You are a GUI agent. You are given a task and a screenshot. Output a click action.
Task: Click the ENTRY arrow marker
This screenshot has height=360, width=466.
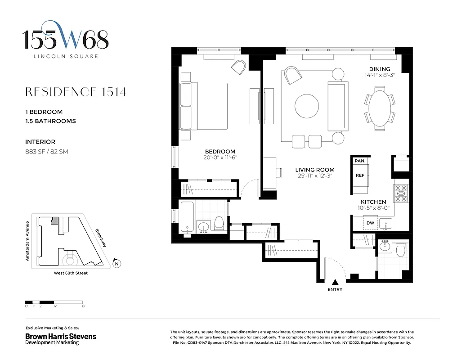[x=335, y=282]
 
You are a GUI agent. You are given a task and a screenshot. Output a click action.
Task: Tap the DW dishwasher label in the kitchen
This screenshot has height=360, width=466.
[x=370, y=223]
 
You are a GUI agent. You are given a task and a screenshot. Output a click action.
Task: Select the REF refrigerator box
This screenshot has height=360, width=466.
[x=360, y=175]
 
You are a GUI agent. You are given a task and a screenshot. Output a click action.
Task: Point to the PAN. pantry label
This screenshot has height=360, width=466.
[x=359, y=161]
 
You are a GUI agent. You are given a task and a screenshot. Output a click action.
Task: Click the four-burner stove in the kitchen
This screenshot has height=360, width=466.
[x=400, y=194]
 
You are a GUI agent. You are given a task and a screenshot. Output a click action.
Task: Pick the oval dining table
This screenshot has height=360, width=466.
[x=379, y=110]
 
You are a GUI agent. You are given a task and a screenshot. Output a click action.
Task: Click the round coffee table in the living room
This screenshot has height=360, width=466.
[x=307, y=106]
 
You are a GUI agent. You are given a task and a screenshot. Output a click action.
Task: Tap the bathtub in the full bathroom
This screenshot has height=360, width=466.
[x=187, y=217]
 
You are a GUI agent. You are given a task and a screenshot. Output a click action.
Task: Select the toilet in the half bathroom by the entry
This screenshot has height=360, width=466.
[x=400, y=249]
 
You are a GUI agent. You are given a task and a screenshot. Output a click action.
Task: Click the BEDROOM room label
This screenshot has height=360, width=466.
[x=220, y=152]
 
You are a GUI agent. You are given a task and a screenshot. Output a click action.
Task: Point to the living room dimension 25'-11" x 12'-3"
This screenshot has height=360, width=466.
[x=315, y=176]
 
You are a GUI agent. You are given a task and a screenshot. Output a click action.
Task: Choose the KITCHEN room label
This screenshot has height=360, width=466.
[x=373, y=202]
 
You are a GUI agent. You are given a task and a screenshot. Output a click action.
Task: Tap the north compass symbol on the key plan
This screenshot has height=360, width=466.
[x=117, y=264]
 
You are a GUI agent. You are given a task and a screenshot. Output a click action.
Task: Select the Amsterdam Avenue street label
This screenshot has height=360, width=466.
[x=27, y=241]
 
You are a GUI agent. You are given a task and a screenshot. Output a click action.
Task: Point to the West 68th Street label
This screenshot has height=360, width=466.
[x=67, y=273]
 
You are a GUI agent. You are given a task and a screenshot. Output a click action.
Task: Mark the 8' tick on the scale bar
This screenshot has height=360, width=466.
[x=83, y=306]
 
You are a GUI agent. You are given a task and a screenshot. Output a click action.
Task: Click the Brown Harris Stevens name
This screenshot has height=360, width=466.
[x=60, y=336]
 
